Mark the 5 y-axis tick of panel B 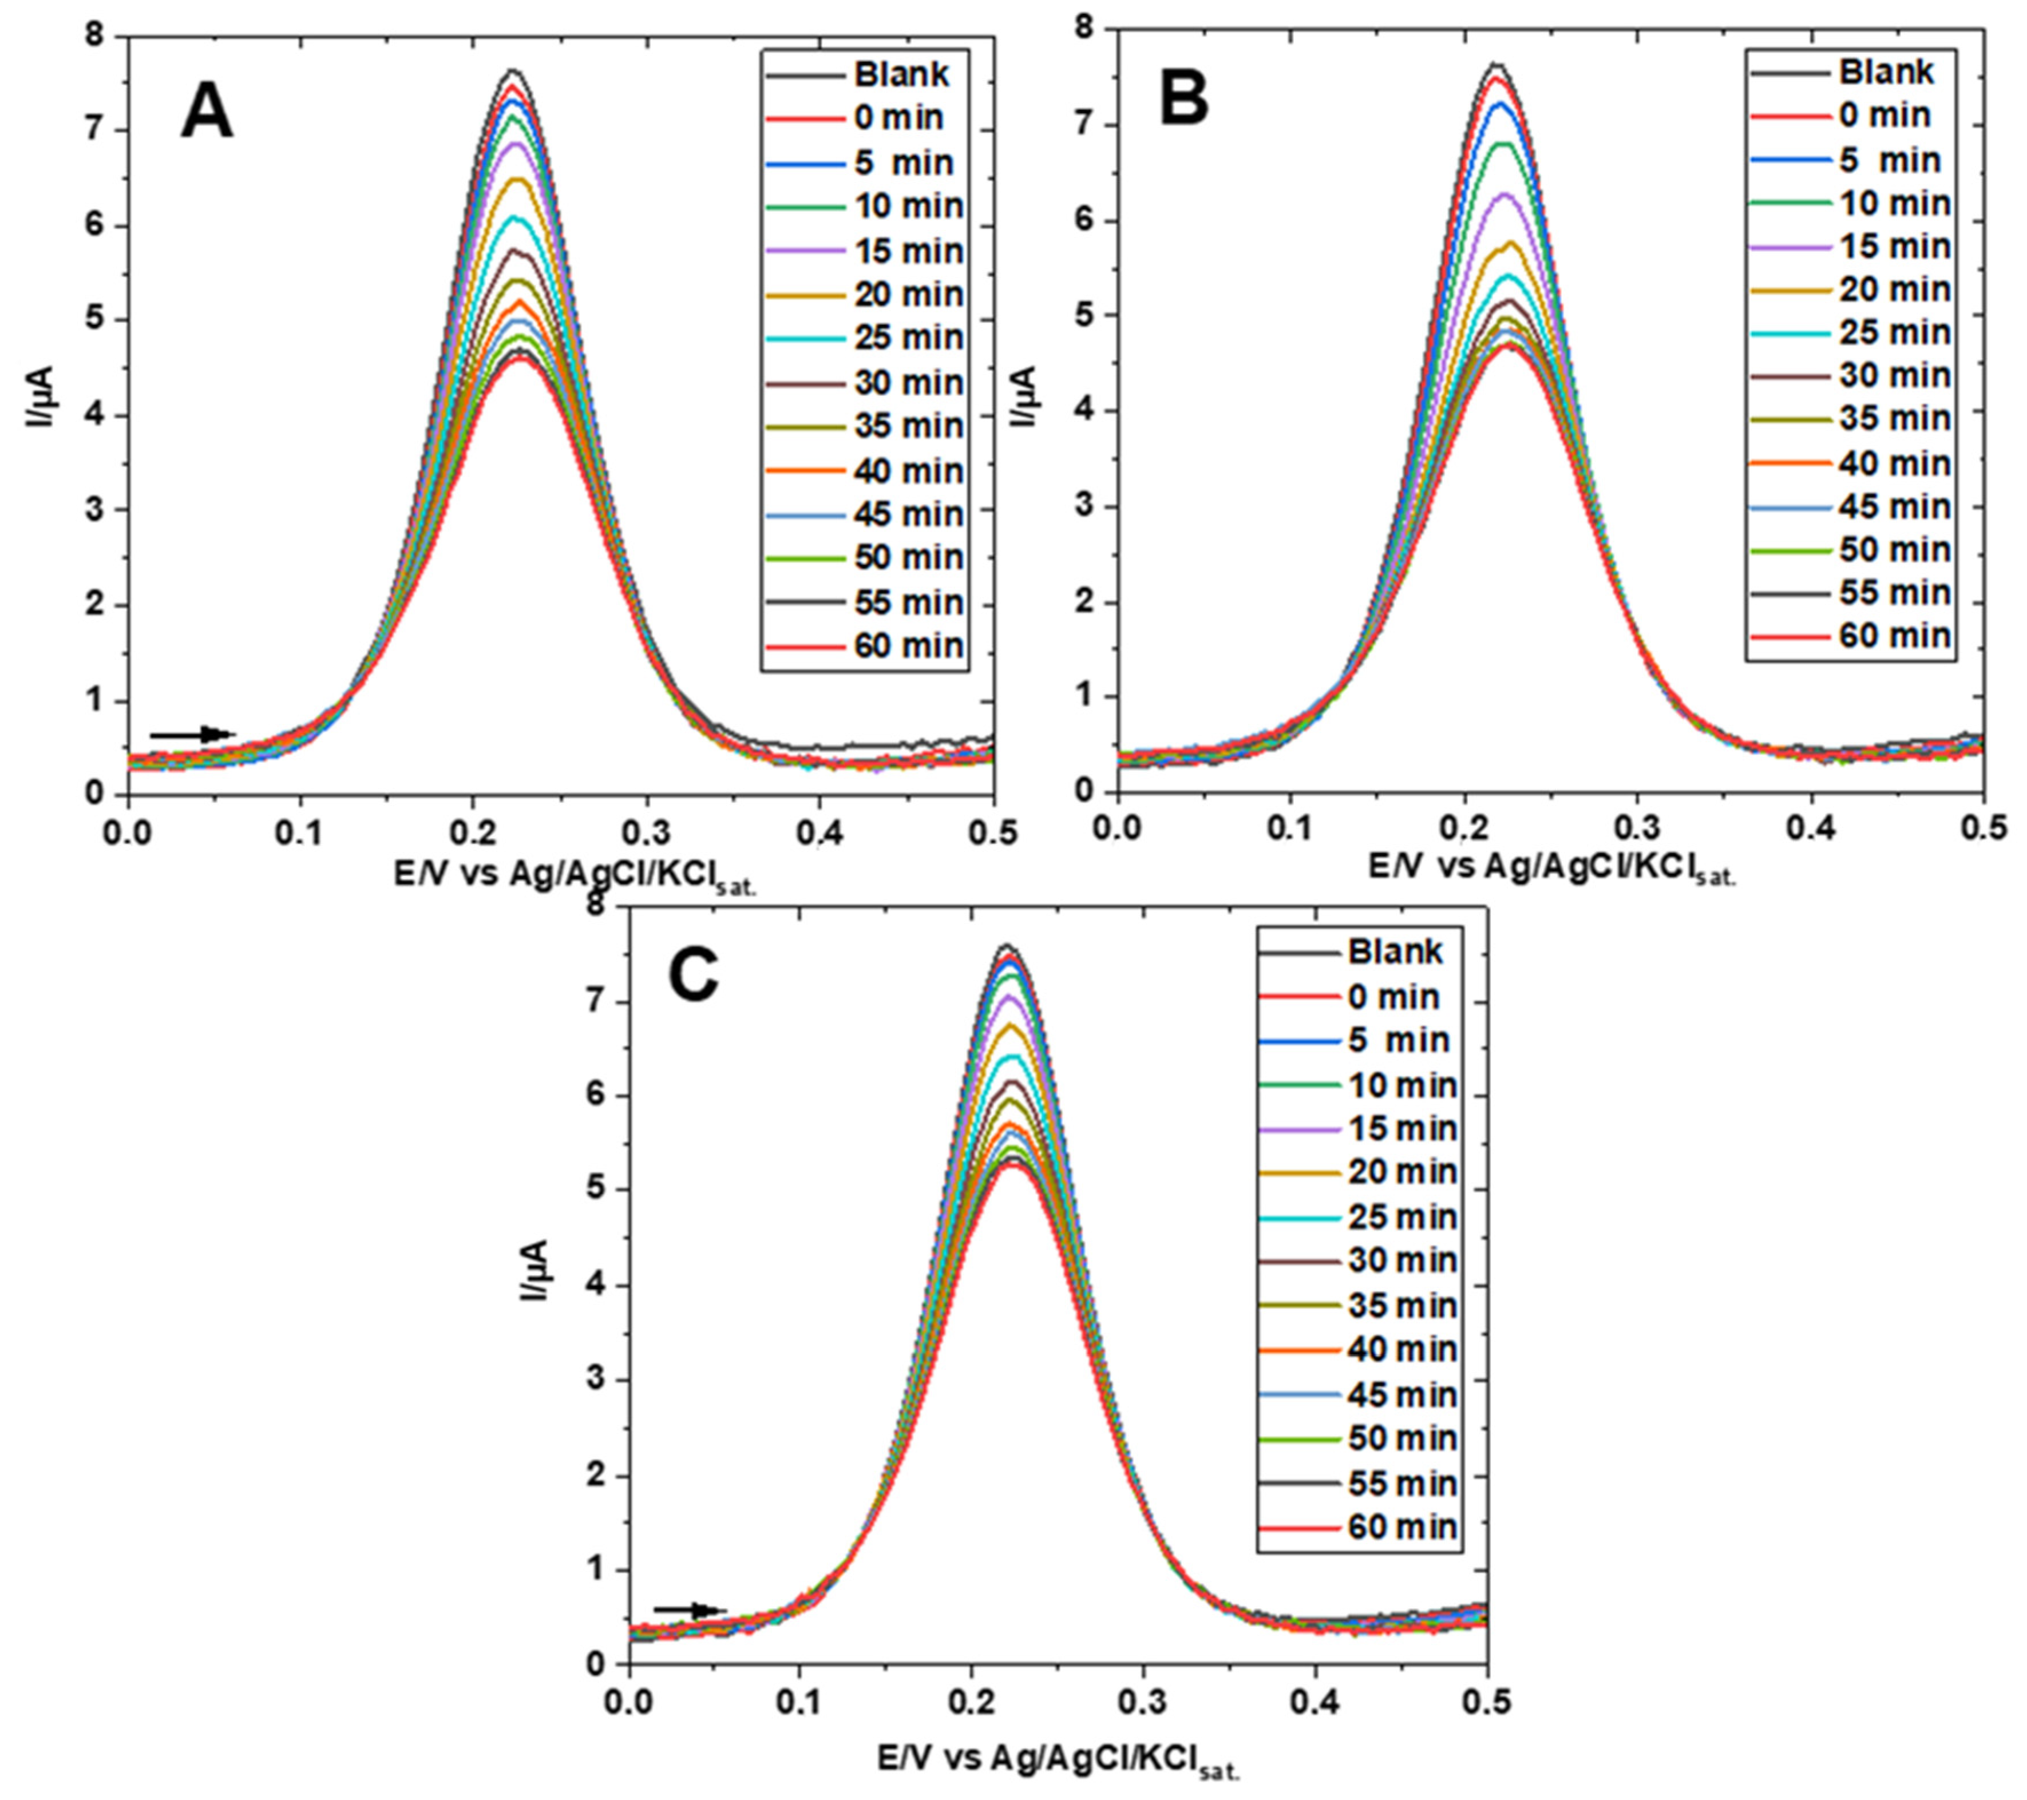[x=1091, y=315]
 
